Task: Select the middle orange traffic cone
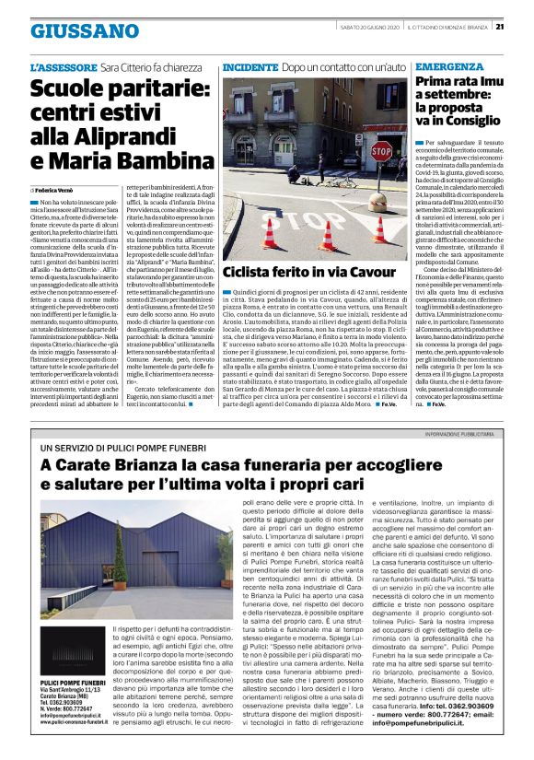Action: [327, 237]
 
